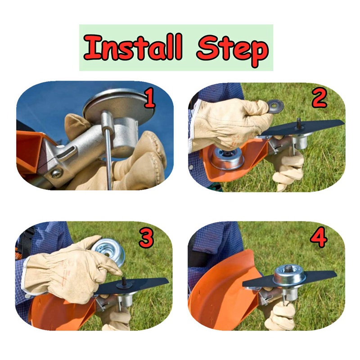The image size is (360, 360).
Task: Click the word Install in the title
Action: pyautogui.click(x=133, y=48)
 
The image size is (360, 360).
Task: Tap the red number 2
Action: pyautogui.click(x=319, y=99)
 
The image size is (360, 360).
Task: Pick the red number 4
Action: pyautogui.click(x=319, y=239)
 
